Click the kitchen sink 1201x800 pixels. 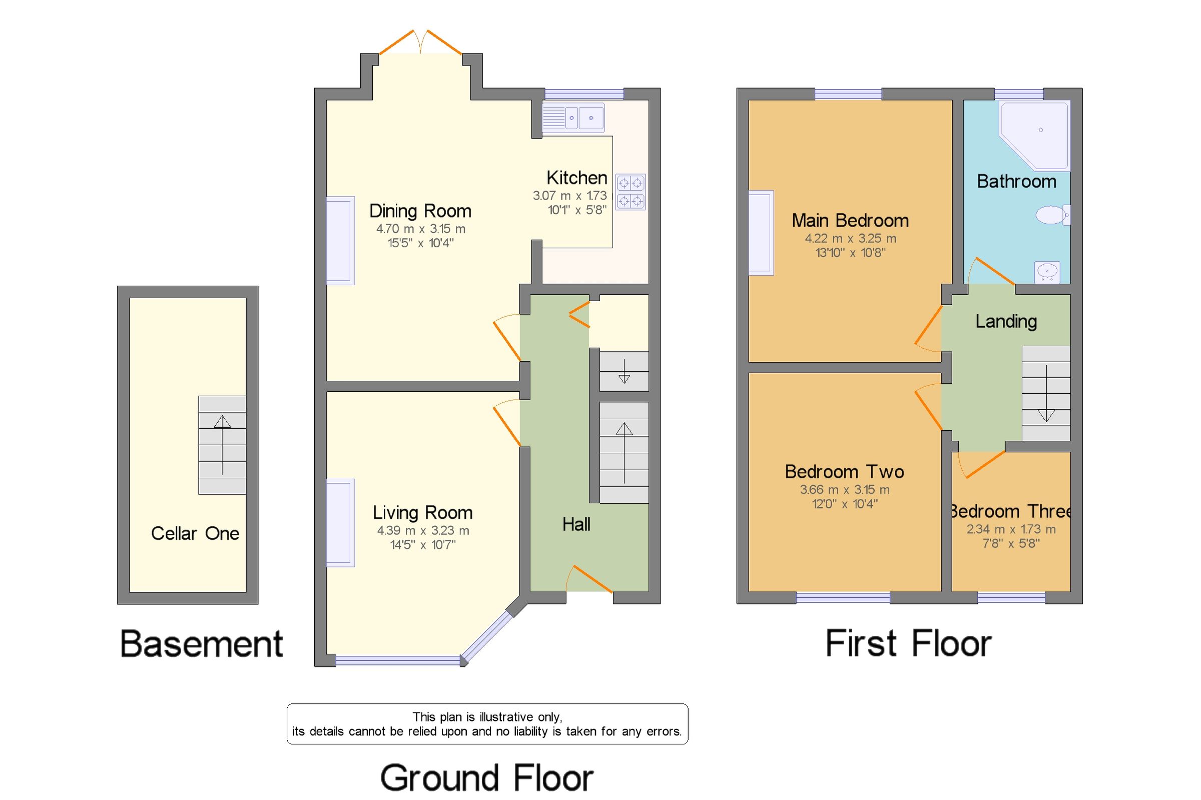point(573,118)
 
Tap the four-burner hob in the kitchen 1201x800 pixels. point(630,192)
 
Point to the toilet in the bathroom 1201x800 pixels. point(1052,215)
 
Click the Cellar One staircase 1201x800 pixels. point(222,445)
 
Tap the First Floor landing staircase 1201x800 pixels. point(1045,393)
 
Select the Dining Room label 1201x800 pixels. point(420,211)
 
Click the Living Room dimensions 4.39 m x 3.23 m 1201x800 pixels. point(422,531)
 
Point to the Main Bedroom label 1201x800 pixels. point(850,221)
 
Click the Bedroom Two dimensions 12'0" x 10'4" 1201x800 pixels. point(844,504)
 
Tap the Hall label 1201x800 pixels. point(576,524)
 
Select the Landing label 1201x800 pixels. point(1006,321)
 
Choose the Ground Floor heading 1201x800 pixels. point(486,778)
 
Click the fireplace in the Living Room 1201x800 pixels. point(340,522)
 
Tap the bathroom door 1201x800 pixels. point(992,272)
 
